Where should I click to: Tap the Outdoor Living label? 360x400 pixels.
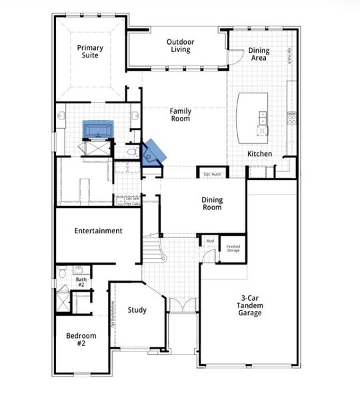click(179, 45)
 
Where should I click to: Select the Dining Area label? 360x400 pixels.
click(258, 54)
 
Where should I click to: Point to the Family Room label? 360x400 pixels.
click(179, 115)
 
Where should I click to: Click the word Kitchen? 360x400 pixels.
click(259, 154)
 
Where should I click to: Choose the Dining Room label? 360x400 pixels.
click(212, 203)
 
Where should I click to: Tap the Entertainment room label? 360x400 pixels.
click(98, 231)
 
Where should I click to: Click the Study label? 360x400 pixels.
click(137, 310)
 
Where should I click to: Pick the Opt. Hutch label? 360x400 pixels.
click(212, 175)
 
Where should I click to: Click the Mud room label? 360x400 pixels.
click(209, 241)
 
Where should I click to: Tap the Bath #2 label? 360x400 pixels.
click(81, 282)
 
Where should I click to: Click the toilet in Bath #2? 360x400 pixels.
click(61, 271)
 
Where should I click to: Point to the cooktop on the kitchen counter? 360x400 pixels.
click(291, 119)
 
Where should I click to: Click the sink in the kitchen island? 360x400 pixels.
click(262, 118)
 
